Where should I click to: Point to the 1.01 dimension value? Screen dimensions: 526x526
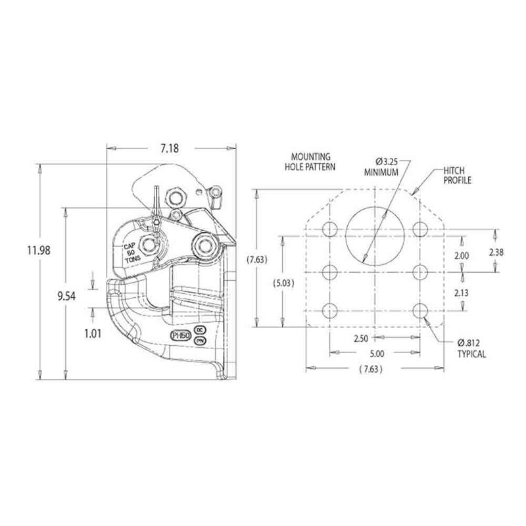(93, 333)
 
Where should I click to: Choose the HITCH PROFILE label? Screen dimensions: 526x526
(458, 174)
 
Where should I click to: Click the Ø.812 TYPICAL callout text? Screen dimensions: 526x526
(472, 348)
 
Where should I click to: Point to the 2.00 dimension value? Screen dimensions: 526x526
(462, 255)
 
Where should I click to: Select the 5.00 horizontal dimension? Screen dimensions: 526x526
(375, 353)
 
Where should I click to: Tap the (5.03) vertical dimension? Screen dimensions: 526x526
(283, 283)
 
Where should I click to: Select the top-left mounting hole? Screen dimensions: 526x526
(330, 229)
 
